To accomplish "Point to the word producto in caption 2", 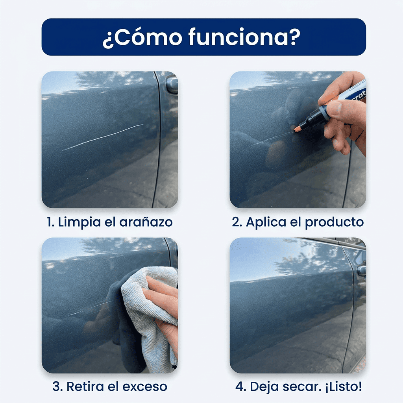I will tap(334, 222).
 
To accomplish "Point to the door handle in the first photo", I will tap(172, 84).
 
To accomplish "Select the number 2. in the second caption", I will tap(237, 222).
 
